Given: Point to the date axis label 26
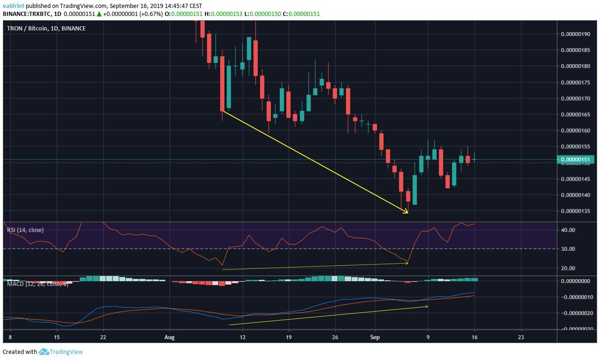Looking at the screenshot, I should tap(334, 337).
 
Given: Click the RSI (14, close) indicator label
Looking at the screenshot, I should tap(25, 230).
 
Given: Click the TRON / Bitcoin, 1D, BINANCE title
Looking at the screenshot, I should tap(46, 29).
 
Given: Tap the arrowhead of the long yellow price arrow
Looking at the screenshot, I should tap(407, 212).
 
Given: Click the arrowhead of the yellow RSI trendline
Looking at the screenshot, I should tap(407, 263).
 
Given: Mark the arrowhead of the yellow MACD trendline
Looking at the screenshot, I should tap(426, 307).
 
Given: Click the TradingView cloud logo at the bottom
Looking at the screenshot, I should tap(44, 352).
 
